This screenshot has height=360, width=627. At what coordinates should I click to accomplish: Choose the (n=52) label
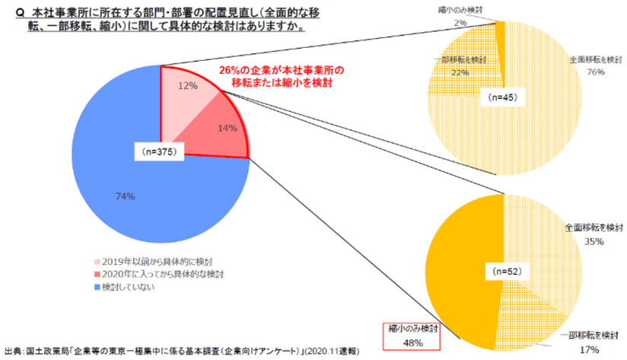coord(503,269)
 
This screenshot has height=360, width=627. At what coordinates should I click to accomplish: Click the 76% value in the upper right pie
coord(595,72)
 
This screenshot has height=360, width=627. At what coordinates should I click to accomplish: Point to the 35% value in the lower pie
coord(594,242)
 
